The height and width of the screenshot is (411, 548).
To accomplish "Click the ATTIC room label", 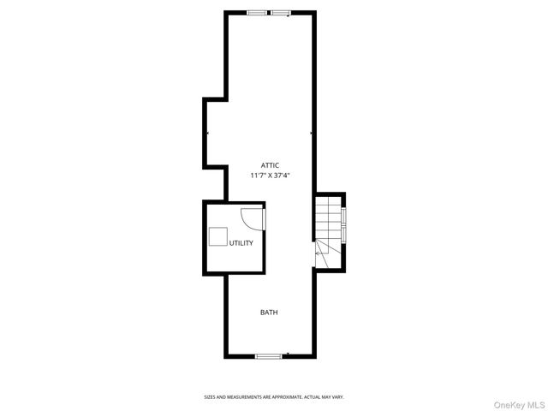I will coord(271,165).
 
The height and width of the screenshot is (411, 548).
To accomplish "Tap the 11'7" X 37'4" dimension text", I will coord(271,176).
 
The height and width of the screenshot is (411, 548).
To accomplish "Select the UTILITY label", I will coord(241,243).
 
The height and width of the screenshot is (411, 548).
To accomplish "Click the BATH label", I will coord(269,313).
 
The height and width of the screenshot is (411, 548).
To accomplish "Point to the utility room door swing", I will coord(253,218).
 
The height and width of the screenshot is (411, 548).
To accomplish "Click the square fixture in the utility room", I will coord(218,237).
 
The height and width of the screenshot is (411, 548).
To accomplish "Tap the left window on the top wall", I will coord(256,12).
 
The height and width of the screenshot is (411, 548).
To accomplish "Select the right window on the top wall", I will coord(281,12).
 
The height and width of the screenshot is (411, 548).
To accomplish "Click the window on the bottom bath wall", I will coord(268,355).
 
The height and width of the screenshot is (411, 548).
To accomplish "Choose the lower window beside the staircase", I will coord(343,234).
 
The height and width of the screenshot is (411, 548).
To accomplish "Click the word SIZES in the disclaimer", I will coord(209,397).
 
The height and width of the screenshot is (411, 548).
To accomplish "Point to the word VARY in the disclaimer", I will coord(337,397).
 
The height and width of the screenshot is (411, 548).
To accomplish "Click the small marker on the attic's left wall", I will coord(207,134).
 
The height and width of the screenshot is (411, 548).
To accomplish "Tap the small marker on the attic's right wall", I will coord(311,134).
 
